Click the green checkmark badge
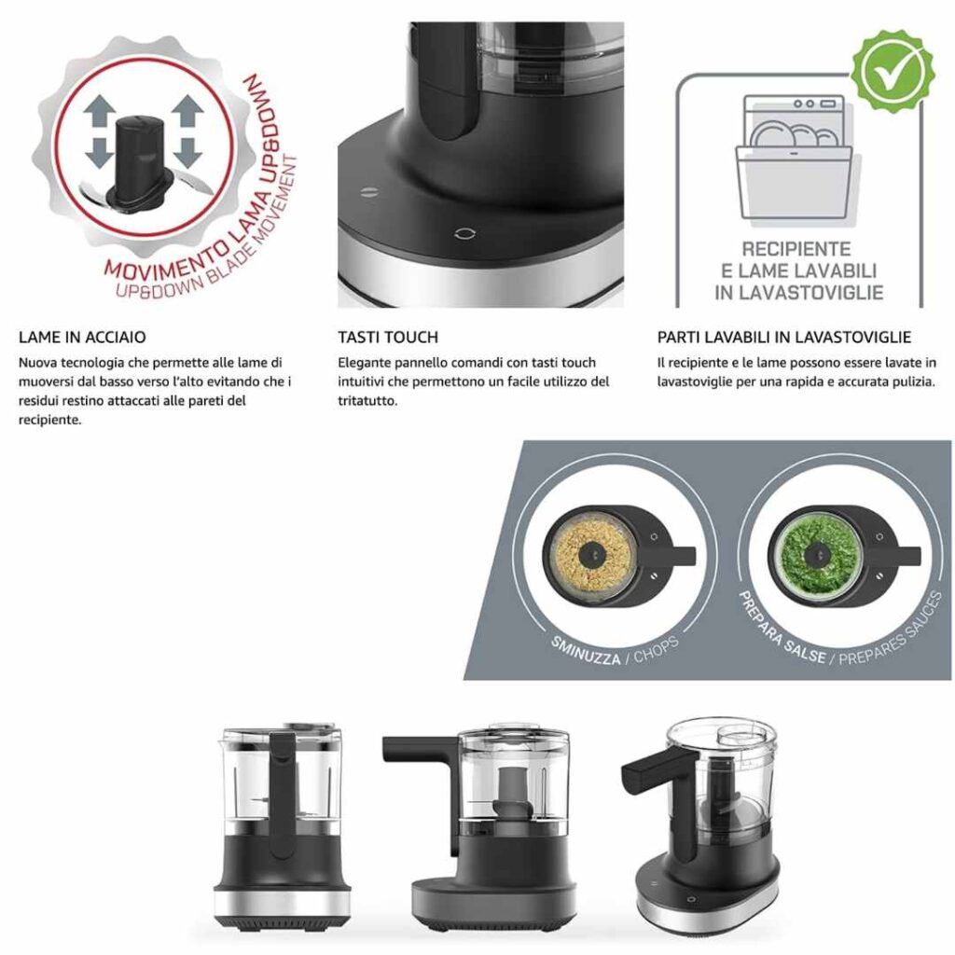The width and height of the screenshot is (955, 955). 892,71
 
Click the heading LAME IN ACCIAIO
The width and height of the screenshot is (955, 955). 82,338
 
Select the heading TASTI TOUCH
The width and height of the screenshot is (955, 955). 388,338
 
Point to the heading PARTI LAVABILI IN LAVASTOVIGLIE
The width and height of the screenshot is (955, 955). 783,338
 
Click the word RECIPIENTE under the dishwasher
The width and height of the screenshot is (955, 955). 796,249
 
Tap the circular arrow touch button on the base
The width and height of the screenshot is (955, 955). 465,234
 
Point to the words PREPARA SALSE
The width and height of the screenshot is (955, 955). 781,630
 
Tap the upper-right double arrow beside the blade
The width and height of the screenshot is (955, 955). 187,113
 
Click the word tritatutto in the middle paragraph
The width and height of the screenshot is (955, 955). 367,401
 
